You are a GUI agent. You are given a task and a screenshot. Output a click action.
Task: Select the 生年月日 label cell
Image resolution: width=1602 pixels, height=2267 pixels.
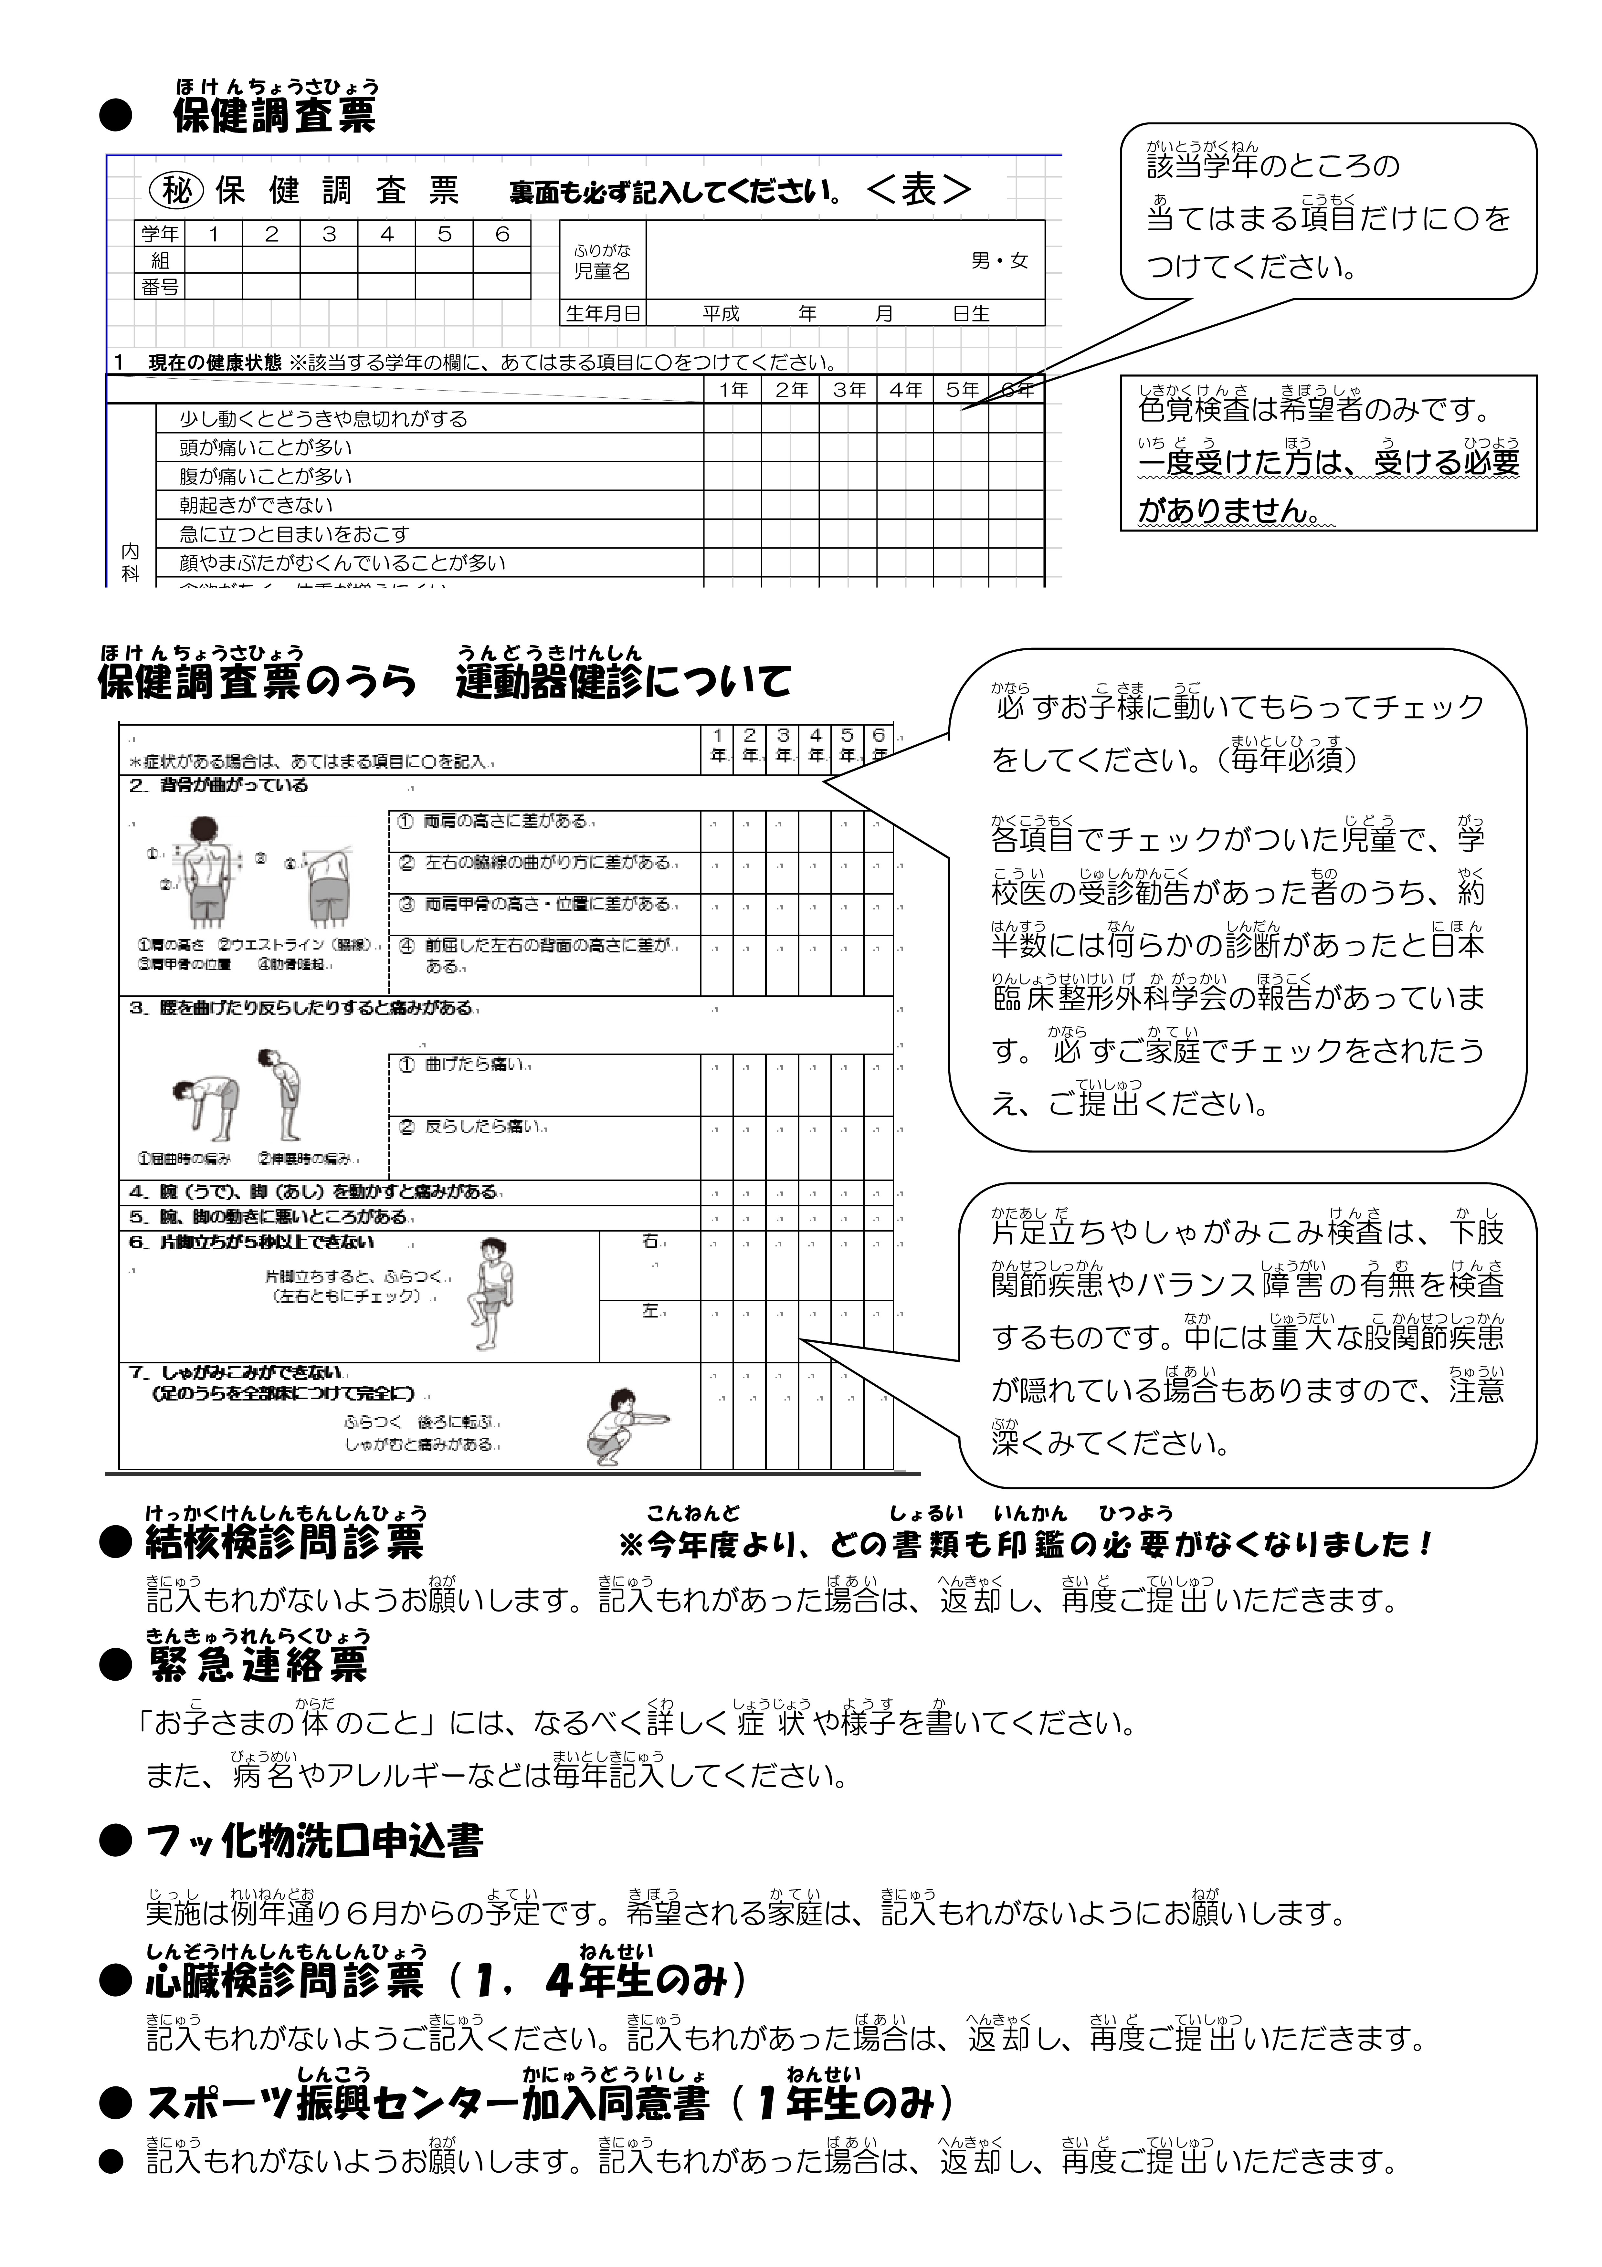pos(603,314)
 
